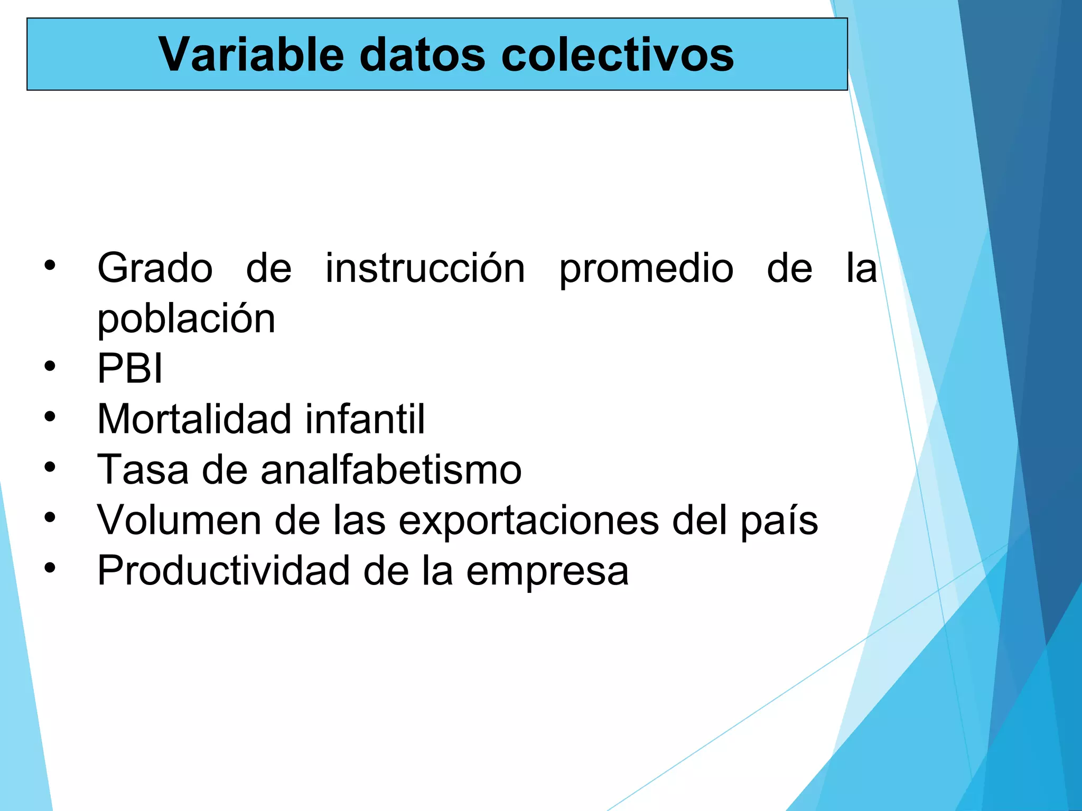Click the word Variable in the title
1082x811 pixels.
[x=251, y=54]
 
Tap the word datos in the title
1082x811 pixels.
[x=422, y=54]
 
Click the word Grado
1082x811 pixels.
[x=155, y=268]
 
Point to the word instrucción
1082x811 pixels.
[x=425, y=268]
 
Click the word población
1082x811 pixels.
[x=186, y=319]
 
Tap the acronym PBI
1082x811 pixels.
[x=130, y=369]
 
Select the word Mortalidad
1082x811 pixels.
[x=194, y=419]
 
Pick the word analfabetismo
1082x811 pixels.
[x=391, y=469]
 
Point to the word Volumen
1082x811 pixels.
[x=179, y=520]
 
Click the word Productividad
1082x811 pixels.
[x=223, y=571]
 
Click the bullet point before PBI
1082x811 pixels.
[x=50, y=366]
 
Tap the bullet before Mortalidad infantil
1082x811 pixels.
[x=50, y=417]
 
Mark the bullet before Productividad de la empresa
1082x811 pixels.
[x=50, y=568]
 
